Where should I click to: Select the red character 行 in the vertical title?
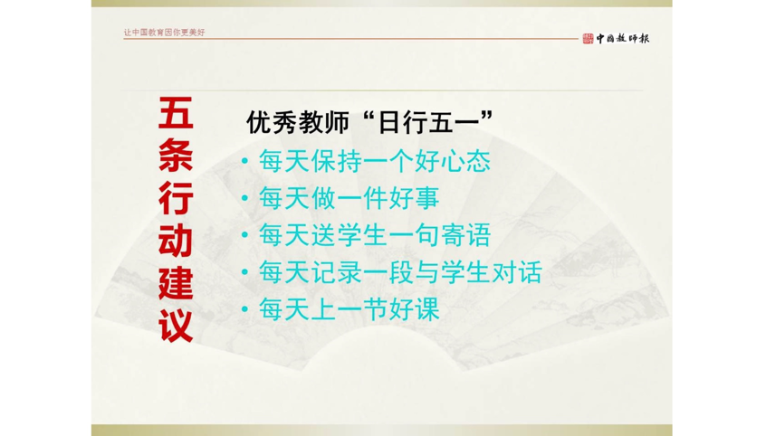click(176, 197)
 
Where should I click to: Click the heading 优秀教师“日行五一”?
click(369, 122)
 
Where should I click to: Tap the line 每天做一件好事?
click(349, 198)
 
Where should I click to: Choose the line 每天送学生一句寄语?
click(374, 235)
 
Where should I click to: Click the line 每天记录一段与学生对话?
click(399, 272)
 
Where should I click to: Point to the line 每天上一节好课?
click(349, 310)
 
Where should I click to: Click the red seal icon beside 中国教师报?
click(587, 38)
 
